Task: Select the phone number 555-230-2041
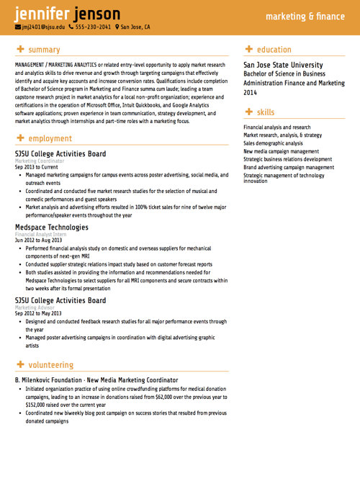94,27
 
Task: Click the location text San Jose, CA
135,27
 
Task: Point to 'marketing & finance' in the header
305,15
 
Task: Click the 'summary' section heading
44,50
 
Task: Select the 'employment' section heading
50,138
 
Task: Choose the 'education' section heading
274,50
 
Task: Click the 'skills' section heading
266,112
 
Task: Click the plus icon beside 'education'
249,50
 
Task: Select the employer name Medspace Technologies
51,228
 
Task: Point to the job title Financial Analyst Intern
40,235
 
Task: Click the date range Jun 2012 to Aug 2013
38,240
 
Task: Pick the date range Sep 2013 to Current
36,166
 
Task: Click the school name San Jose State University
283,65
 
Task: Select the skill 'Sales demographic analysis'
273,143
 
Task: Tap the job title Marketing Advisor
35,307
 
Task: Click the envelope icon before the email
18,27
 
